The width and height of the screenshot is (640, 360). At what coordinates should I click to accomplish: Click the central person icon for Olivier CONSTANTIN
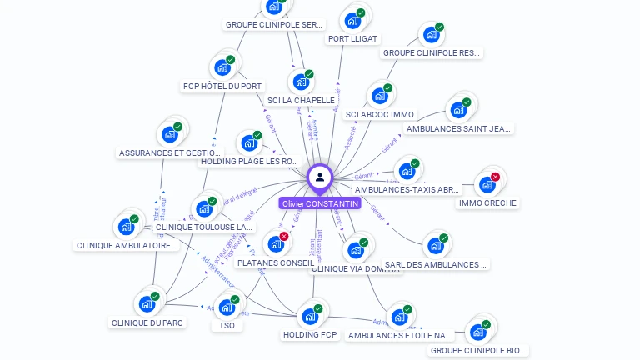pyautogui.click(x=320, y=177)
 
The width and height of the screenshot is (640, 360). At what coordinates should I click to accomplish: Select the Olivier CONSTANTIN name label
pyautogui.click(x=320, y=203)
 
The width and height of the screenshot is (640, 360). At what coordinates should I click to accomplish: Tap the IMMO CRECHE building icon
pyautogui.click(x=487, y=184)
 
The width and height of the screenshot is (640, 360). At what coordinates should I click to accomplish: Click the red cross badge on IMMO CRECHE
pyautogui.click(x=495, y=177)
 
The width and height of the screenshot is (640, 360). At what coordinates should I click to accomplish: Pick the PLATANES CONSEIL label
pyautogui.click(x=276, y=262)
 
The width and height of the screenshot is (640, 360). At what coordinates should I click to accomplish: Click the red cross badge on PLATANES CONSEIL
pyautogui.click(x=284, y=237)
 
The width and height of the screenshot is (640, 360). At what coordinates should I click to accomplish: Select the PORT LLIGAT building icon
pyautogui.click(x=352, y=21)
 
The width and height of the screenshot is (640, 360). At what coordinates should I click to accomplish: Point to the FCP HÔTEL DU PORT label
pyautogui.click(x=222, y=86)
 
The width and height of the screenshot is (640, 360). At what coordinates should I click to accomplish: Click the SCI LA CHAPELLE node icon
pyautogui.click(x=300, y=82)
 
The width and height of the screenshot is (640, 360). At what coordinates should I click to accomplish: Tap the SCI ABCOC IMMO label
pyautogui.click(x=379, y=114)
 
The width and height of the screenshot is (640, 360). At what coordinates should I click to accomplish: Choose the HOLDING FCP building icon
pyautogui.click(x=310, y=317)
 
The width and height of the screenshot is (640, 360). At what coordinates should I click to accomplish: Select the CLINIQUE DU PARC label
pyautogui.click(x=147, y=322)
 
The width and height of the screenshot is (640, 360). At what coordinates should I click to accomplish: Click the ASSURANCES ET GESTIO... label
pyautogui.click(x=169, y=152)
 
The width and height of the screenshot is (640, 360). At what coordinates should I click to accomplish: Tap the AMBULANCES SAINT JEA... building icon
pyautogui.click(x=458, y=110)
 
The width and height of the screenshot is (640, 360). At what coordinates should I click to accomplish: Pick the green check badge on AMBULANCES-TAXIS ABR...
pyautogui.click(x=415, y=163)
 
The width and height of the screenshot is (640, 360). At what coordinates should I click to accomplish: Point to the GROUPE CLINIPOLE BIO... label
pyautogui.click(x=478, y=350)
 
